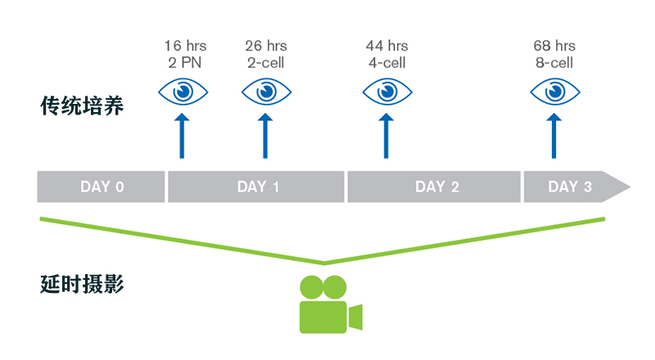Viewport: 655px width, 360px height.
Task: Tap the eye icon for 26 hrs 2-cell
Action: tap(265, 91)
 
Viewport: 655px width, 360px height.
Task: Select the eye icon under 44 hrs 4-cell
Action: tap(386, 91)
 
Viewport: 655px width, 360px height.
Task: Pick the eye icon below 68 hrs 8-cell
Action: tap(553, 91)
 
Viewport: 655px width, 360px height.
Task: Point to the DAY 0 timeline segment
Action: tap(102, 187)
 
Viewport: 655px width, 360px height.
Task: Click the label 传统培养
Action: tap(82, 106)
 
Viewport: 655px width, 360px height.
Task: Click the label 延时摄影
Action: tap(82, 285)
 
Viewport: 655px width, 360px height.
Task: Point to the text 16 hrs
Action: tap(183, 46)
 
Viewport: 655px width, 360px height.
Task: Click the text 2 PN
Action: tap(183, 62)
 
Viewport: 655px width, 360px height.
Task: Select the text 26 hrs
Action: tap(266, 46)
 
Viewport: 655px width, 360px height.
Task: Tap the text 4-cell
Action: tap(386, 62)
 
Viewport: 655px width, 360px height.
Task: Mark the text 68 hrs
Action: tap(553, 46)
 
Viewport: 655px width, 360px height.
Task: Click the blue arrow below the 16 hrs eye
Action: tap(182, 137)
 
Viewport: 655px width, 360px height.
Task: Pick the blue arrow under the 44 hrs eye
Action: tap(386, 137)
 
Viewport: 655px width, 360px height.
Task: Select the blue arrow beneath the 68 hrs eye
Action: tap(553, 137)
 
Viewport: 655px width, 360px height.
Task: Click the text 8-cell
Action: tap(553, 62)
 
